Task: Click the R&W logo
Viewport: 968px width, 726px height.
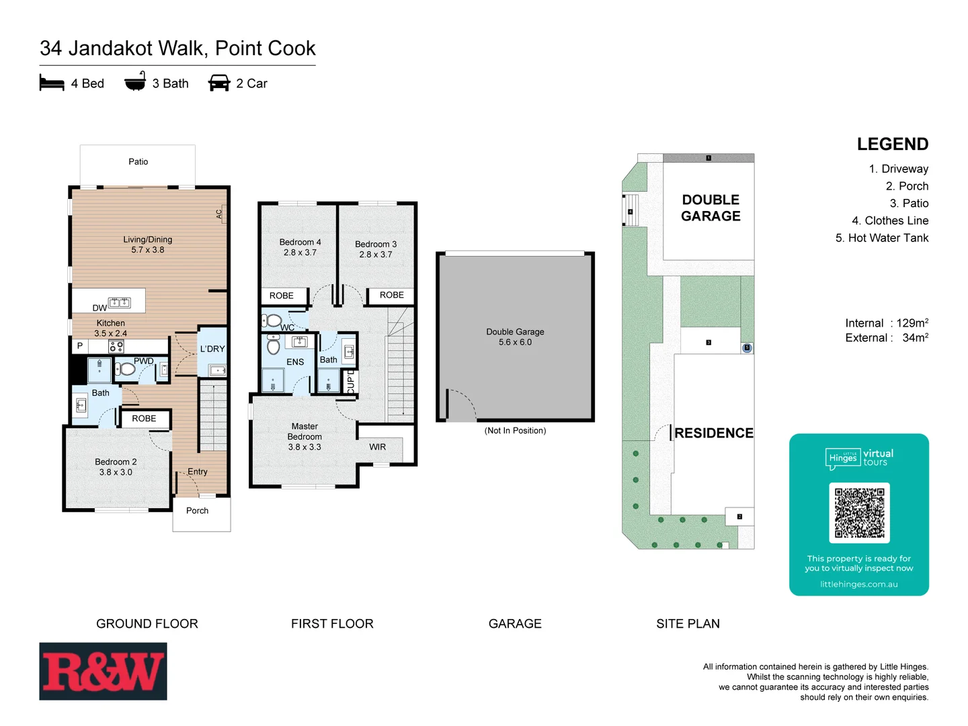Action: pos(103,671)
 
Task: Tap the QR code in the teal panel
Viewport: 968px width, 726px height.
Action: pos(859,512)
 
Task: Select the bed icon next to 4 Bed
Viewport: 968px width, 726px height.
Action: pos(52,83)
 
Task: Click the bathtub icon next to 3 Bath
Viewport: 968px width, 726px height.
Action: pos(135,81)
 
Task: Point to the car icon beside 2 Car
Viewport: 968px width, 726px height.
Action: pos(219,83)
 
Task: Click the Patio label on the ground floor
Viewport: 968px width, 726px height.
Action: pos(138,162)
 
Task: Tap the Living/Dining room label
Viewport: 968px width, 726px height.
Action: pos(148,245)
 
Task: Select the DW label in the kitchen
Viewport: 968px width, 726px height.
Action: pos(99,308)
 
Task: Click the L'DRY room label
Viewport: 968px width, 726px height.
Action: pos(212,349)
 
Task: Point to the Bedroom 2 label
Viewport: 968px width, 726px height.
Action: pos(116,467)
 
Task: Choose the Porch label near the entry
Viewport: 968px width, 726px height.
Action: pos(198,511)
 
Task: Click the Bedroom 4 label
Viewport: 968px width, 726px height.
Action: pos(300,247)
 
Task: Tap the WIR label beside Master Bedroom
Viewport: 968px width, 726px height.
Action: pos(378,447)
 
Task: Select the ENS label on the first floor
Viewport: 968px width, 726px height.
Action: pos(295,362)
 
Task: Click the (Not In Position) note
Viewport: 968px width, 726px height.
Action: pos(515,431)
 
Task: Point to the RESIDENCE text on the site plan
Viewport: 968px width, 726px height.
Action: pos(714,433)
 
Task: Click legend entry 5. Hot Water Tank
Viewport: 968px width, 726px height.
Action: pos(882,238)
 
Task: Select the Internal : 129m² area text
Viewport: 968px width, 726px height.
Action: pos(887,323)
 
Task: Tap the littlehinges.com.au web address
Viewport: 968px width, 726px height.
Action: pos(858,584)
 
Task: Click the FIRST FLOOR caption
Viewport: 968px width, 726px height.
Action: pos(332,624)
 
